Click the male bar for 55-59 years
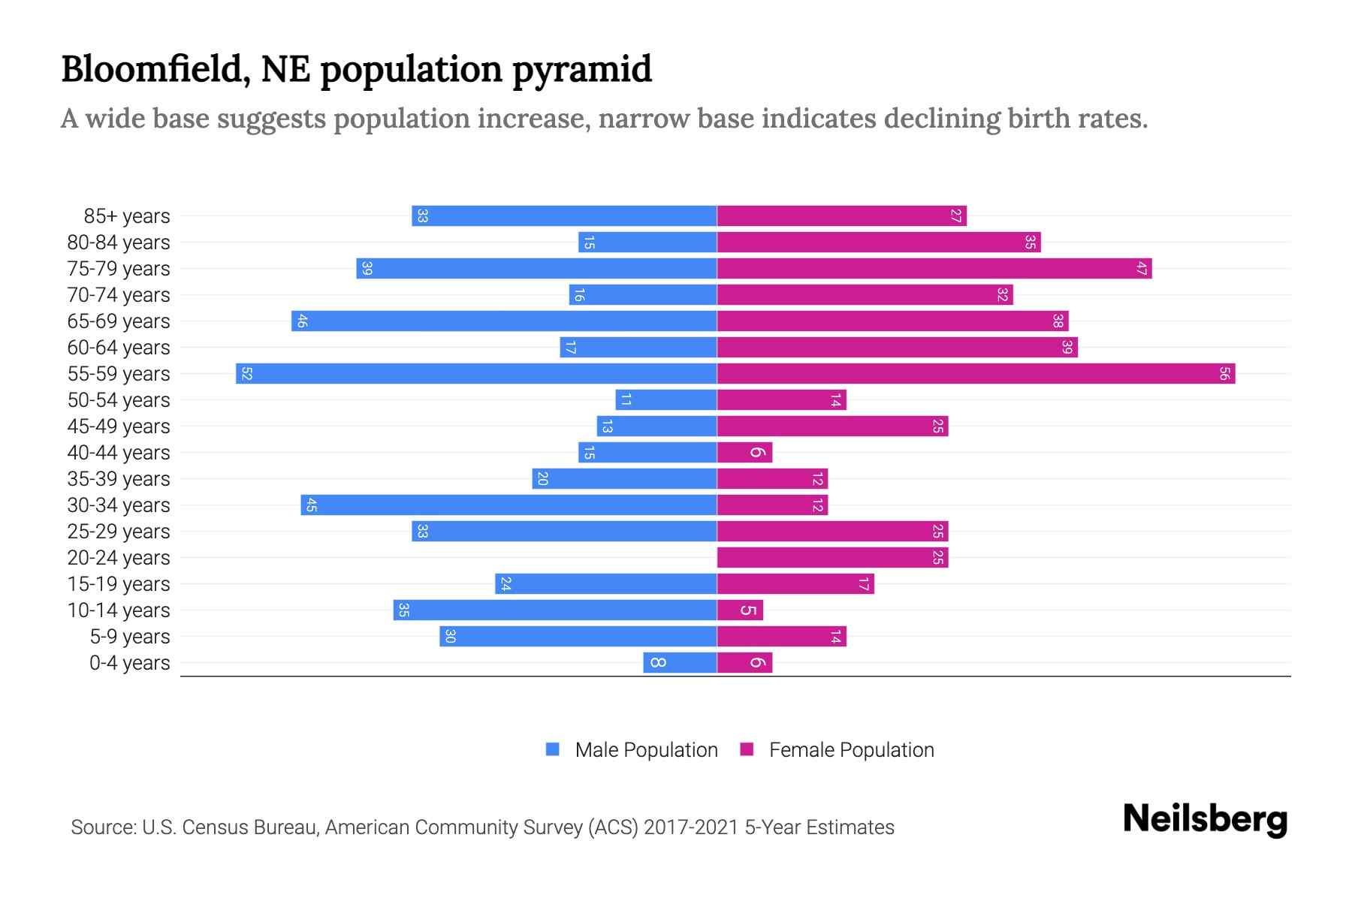coord(476,373)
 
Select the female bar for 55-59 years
coord(976,373)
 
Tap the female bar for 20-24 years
coord(832,557)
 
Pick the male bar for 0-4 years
coord(680,662)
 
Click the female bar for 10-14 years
coord(740,610)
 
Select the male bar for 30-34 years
coord(509,505)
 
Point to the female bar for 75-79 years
coord(934,268)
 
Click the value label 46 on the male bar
coord(302,321)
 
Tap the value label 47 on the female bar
coord(1142,269)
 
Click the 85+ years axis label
coord(127,216)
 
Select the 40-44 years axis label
coord(119,453)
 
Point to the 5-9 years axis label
coord(130,637)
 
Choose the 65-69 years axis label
coord(119,321)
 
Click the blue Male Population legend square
coord(553,749)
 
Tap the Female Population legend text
coord(851,750)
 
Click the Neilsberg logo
coord(1205,819)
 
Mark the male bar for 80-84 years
coord(647,242)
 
